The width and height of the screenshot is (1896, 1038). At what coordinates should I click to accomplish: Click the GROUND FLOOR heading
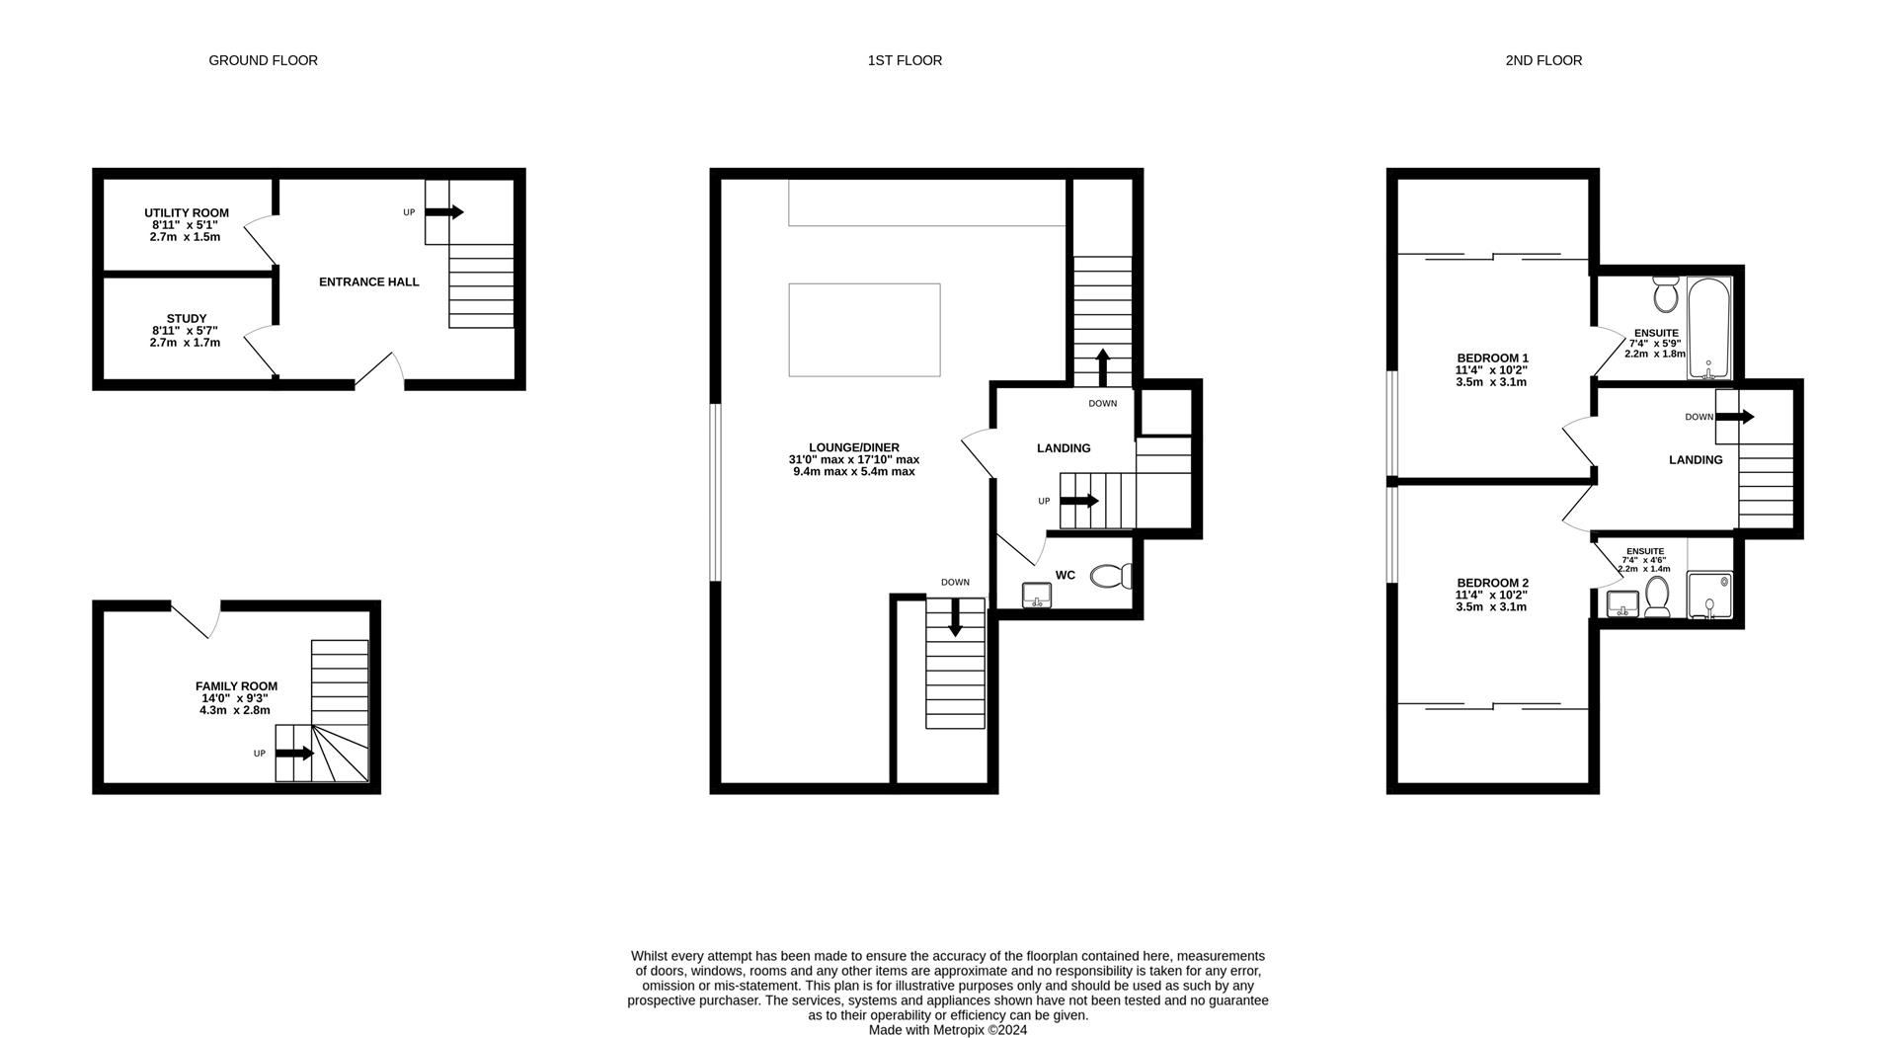point(263,60)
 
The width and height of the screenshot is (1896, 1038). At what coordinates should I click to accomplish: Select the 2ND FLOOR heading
point(1542,60)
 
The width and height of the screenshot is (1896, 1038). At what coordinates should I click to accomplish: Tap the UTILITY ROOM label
point(186,213)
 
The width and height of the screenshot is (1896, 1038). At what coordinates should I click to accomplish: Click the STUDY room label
point(186,319)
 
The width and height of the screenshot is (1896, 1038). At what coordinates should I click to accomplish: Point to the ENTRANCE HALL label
point(368,282)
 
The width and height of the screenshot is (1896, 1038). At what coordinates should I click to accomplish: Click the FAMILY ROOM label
point(236,686)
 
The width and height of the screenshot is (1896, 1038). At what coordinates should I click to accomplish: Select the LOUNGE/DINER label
point(853,447)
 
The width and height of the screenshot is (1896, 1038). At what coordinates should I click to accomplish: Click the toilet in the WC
point(1111,576)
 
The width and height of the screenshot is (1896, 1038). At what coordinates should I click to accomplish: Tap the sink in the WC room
point(1036,595)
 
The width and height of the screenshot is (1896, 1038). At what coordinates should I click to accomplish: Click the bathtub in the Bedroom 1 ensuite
point(1708,329)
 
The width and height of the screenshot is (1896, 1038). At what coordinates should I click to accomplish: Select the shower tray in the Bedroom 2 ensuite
point(1710,596)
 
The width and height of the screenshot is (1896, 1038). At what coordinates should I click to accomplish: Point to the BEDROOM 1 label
point(1492,359)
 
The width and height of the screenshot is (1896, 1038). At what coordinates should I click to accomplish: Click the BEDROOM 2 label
point(1491,584)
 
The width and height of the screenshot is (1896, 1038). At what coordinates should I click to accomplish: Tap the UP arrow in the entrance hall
point(444,212)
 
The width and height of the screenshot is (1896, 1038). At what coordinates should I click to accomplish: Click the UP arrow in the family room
point(294,754)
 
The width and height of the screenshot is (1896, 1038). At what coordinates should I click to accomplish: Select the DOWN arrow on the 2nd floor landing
point(1734,417)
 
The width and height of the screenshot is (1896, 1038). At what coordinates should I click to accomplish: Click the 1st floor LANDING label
point(1063,448)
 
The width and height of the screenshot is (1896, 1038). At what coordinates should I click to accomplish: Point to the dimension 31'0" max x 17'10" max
point(853,460)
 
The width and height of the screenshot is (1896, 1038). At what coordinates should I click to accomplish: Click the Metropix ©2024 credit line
point(947,1030)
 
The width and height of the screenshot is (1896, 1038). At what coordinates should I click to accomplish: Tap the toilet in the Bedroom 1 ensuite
point(1666,294)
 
